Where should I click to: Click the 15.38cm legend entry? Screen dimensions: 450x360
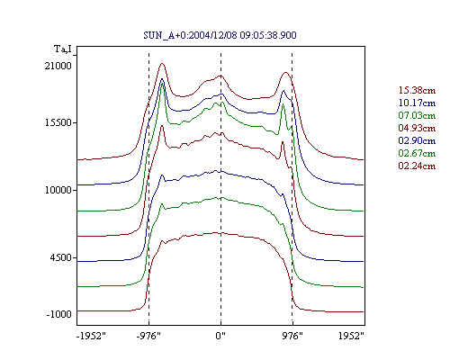coord(417,90)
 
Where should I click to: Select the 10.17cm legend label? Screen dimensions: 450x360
coord(417,103)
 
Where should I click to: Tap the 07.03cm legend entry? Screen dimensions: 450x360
coord(417,115)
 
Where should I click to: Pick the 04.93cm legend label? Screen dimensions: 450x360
coord(417,128)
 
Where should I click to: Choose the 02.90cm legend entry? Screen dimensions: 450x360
coord(417,140)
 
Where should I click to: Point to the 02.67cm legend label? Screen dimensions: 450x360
coord(417,153)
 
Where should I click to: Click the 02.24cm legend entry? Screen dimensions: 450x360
coord(417,166)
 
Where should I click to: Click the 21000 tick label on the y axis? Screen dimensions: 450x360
coord(58,66)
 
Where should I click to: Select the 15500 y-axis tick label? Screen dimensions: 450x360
coord(58,122)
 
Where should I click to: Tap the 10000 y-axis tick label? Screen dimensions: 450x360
coord(58,190)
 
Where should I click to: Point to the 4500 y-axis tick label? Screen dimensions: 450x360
coord(61,257)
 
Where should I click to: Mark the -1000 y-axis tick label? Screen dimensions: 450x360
coord(58,314)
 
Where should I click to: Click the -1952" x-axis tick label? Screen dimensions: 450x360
coord(91,336)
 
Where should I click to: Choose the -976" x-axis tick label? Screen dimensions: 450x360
coord(148,336)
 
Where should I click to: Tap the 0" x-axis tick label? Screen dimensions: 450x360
coord(220,336)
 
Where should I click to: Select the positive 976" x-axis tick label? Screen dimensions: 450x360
coord(292,336)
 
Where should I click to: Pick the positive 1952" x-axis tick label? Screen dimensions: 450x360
coord(351,336)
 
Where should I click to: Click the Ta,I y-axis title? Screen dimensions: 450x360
coord(63,49)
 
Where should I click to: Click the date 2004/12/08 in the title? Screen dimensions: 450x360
coord(213,35)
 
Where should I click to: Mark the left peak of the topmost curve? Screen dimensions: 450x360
coord(162,63)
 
